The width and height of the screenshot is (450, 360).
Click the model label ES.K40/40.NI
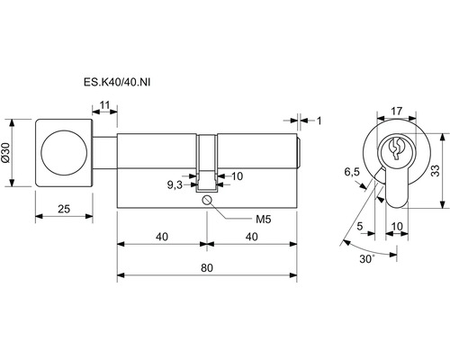[x=117, y=82]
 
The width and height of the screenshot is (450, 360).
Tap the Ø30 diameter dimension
[x=6, y=153]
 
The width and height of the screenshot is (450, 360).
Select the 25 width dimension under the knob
[x=64, y=209]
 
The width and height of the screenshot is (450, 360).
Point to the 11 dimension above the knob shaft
[x=104, y=105]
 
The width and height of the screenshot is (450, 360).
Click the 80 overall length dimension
[x=207, y=267]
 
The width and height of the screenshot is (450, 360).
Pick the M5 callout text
[x=263, y=220]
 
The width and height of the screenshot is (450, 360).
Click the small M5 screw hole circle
[x=207, y=200]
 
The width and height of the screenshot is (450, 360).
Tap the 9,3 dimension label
[x=175, y=185]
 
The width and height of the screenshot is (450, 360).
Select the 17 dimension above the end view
[x=396, y=111]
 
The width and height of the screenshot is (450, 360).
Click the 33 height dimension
[x=436, y=170]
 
